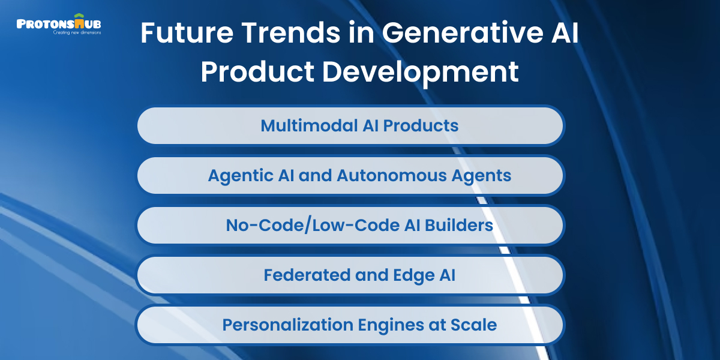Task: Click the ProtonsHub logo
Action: pos(58,23)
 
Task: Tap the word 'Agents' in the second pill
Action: pos(485,176)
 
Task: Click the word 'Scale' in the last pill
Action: pos(475,325)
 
